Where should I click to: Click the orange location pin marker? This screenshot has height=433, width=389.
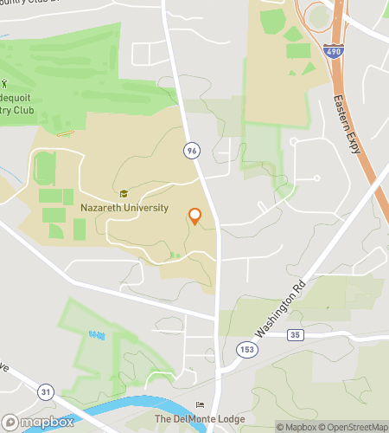tap(194, 216)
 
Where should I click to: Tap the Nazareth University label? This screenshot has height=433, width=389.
tap(124, 208)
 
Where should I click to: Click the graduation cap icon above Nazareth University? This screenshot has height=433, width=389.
tap(124, 195)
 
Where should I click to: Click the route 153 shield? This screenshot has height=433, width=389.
tap(246, 348)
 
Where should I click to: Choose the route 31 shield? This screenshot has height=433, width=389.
tap(45, 392)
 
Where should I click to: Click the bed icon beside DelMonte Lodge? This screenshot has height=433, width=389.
tap(201, 405)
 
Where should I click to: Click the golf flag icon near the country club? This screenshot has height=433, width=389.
tap(4, 85)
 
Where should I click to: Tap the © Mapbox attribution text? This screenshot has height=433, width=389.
tap(297, 427)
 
